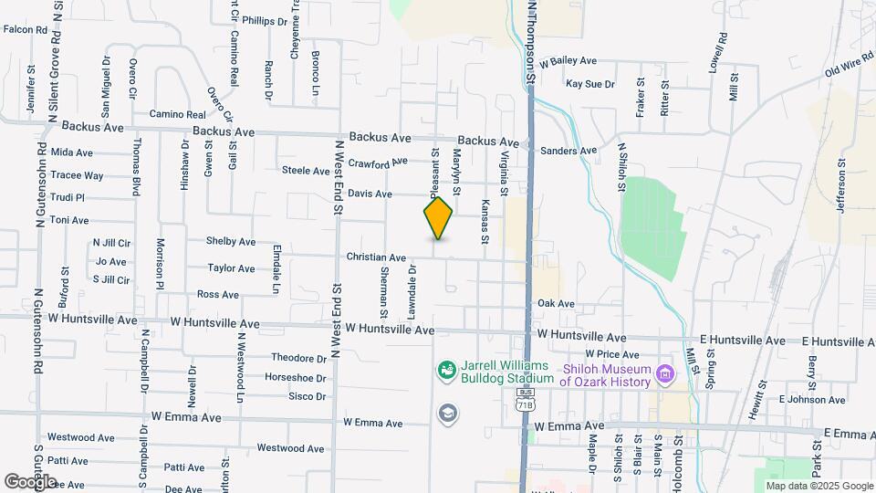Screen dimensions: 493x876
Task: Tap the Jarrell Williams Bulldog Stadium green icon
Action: [447, 370]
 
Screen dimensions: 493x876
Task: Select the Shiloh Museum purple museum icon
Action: [665, 373]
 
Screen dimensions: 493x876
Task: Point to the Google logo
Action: [29, 481]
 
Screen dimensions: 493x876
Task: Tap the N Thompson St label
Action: [530, 42]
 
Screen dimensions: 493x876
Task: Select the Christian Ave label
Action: [376, 258]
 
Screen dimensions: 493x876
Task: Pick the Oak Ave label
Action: [556, 303]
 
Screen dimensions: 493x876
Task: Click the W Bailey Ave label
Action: [568, 61]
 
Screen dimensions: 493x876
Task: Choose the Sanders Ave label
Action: [568, 151]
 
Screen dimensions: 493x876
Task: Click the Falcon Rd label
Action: [26, 30]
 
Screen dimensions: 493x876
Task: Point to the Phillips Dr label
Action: [265, 20]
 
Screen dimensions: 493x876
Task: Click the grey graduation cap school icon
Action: [447, 414]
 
